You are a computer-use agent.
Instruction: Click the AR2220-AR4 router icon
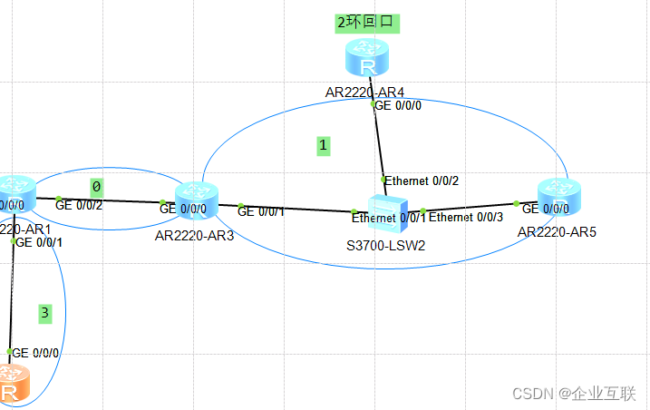point(366,60)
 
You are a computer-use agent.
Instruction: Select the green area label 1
point(323,145)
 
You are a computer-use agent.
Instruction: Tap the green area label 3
point(45,314)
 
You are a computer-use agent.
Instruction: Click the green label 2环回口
point(366,23)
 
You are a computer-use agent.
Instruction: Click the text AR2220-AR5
point(554,232)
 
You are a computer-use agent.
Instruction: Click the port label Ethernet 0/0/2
point(422,181)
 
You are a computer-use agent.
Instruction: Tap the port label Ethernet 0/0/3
point(465,218)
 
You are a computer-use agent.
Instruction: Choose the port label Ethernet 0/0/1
point(389,218)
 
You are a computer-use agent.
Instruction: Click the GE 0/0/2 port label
point(79,205)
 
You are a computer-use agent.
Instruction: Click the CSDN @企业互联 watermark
point(574,393)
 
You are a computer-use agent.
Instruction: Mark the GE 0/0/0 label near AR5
point(546,209)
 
